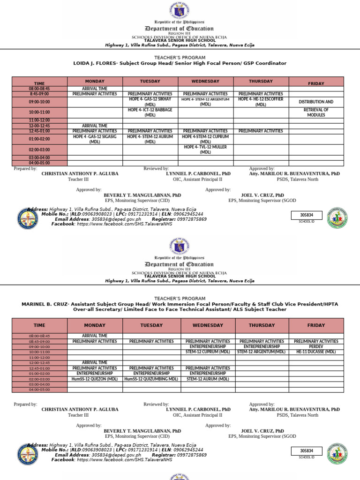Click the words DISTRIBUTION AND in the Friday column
[316, 102]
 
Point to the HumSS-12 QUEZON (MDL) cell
[95, 379]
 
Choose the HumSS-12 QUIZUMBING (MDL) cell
[151, 379]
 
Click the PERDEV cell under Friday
[316, 346]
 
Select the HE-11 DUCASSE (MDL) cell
[316, 352]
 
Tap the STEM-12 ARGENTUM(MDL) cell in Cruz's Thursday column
[262, 352]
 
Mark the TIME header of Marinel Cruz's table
[39, 325]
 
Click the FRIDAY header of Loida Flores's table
[316, 83]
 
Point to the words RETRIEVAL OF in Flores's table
[316, 110]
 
